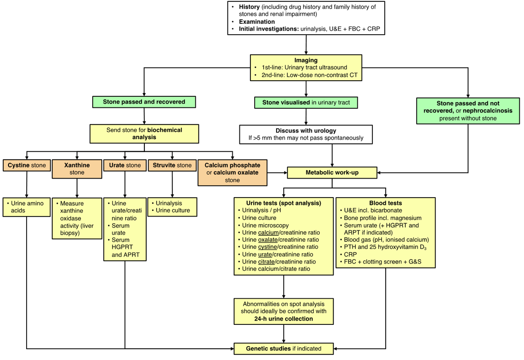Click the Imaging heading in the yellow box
coord(305,60)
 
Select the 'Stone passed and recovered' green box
coord(144,102)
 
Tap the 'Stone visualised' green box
coord(305,102)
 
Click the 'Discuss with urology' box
coord(305,134)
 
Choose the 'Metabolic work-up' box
coord(332,172)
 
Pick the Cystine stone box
coord(27,165)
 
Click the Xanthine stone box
coord(77,169)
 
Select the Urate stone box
coord(125,165)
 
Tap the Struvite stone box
coord(172,165)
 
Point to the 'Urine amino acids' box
coord(27,207)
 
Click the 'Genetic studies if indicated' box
coord(284,349)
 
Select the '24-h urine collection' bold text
coord(284,319)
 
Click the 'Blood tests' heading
coord(385,203)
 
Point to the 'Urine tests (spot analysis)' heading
coord(284,203)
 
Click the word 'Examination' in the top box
coord(257,22)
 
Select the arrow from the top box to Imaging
coord(306,45)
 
